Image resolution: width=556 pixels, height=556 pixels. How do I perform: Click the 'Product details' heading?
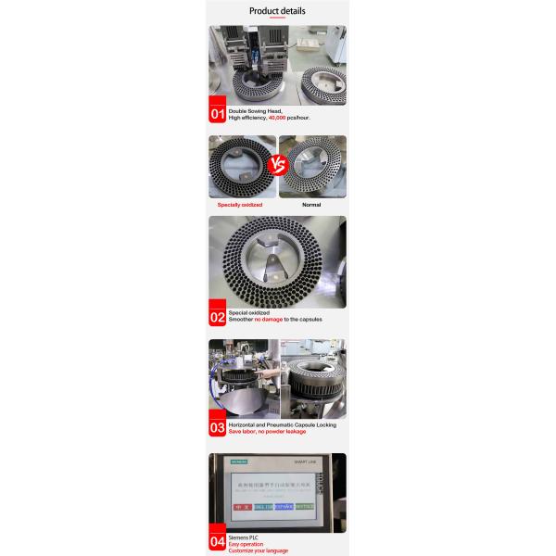pos(277,11)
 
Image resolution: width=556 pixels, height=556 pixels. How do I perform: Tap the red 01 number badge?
pos(218,114)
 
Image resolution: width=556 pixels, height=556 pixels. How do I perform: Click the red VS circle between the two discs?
pos(277,168)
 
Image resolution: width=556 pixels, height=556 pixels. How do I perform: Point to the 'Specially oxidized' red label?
pos(240,205)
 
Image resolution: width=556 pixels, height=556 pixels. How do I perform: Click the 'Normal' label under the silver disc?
pos(312,205)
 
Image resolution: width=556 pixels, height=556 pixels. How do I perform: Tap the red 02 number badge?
pos(218,317)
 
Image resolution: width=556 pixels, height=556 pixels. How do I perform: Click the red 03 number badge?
pos(218,427)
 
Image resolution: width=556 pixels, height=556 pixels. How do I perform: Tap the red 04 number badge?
pos(218,541)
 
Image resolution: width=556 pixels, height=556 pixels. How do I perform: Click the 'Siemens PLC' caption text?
pos(242,537)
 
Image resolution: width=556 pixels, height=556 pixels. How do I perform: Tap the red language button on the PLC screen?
pos(242,507)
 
